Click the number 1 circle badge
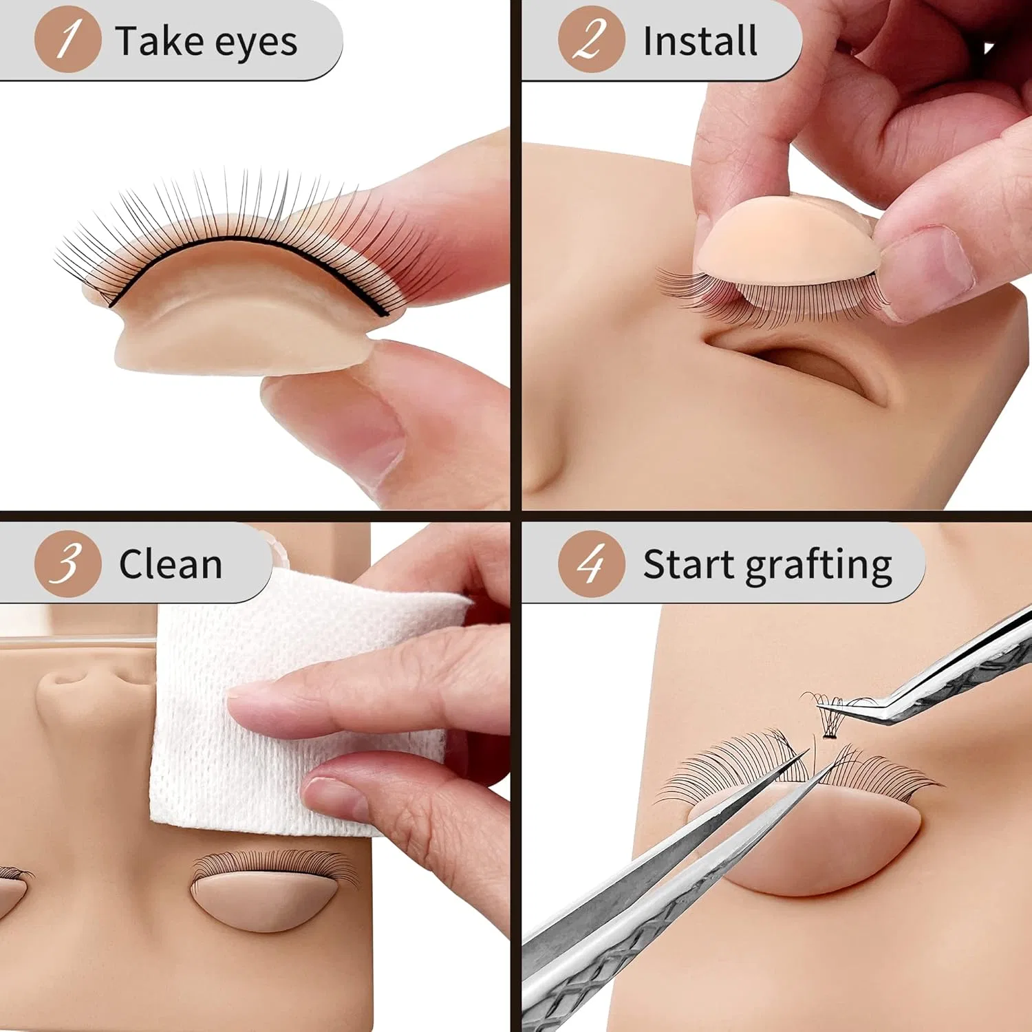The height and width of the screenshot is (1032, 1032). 67,39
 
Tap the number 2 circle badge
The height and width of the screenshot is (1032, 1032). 591,39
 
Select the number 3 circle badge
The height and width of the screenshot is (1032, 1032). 67,563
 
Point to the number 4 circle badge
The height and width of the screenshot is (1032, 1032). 591,563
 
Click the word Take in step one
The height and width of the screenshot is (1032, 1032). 160,41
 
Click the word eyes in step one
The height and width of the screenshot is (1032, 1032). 256,44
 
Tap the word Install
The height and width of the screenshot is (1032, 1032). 700,41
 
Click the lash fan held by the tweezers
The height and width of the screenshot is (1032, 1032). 829,716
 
